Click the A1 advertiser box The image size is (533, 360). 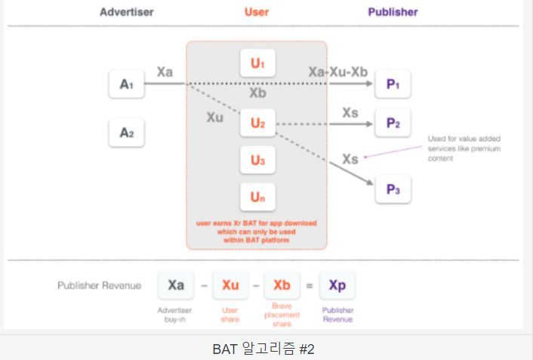pos(126,84)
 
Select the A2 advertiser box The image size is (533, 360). pos(126,133)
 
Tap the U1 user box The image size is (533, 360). pos(257,63)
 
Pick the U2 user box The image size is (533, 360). pos(257,122)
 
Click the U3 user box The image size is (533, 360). pos(257,160)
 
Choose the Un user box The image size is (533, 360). pos(257,198)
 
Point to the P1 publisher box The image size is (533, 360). pos(393,84)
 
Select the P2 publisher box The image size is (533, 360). pos(393,122)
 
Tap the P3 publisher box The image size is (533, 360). pos(393,188)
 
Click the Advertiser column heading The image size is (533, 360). pos(128,12)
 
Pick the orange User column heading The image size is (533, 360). pos(257,12)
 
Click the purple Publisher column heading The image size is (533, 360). pos(393,12)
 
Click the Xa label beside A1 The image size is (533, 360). pos(165,71)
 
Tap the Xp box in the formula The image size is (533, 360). pos(337,285)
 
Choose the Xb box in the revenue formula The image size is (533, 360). pos(282,285)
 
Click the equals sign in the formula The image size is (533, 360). pos(310,286)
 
